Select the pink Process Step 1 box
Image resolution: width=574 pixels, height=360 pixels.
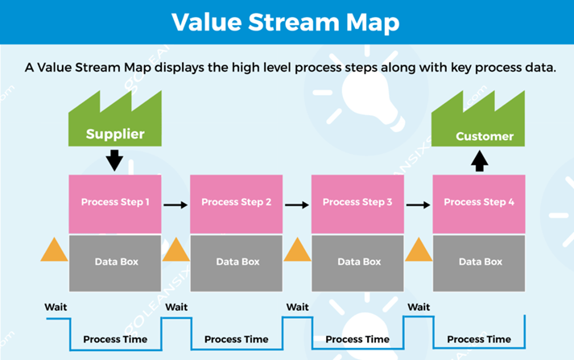click(115, 204)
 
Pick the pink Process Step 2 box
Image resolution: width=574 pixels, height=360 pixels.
click(236, 204)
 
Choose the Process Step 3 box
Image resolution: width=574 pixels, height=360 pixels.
click(357, 204)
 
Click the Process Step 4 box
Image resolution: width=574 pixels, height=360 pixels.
click(479, 204)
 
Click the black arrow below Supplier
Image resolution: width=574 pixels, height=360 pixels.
click(114, 160)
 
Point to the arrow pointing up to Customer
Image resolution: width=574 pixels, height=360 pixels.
click(480, 161)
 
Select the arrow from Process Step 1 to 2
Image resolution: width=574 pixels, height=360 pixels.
click(176, 205)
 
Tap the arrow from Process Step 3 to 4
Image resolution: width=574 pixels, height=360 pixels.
click(418, 205)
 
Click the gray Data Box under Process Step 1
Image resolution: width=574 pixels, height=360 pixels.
click(115, 263)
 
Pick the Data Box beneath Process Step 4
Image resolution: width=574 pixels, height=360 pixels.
click(479, 263)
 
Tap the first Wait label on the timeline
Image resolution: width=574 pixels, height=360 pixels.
click(56, 307)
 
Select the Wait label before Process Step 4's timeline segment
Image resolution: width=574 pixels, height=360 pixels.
click(419, 307)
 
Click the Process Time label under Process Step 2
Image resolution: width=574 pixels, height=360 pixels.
click(236, 340)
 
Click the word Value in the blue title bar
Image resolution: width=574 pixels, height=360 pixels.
click(207, 22)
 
